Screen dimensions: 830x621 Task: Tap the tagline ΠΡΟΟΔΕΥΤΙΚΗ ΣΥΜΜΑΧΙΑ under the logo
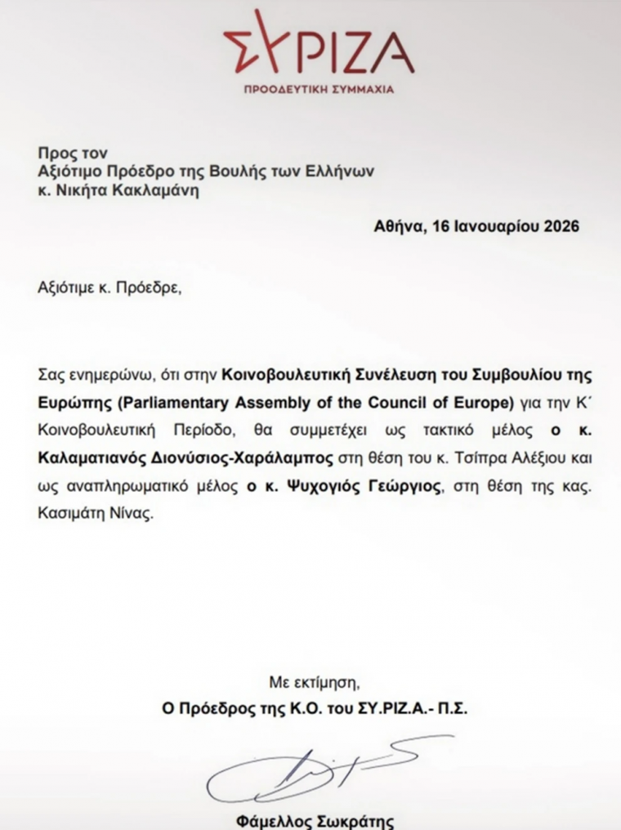pyautogui.click(x=319, y=88)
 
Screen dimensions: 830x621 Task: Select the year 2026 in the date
pyautogui.click(x=561, y=226)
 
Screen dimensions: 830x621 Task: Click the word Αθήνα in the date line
pyautogui.click(x=395, y=226)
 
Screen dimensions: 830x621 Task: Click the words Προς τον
pyautogui.click(x=73, y=153)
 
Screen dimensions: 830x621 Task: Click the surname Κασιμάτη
pyautogui.click(x=70, y=516)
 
